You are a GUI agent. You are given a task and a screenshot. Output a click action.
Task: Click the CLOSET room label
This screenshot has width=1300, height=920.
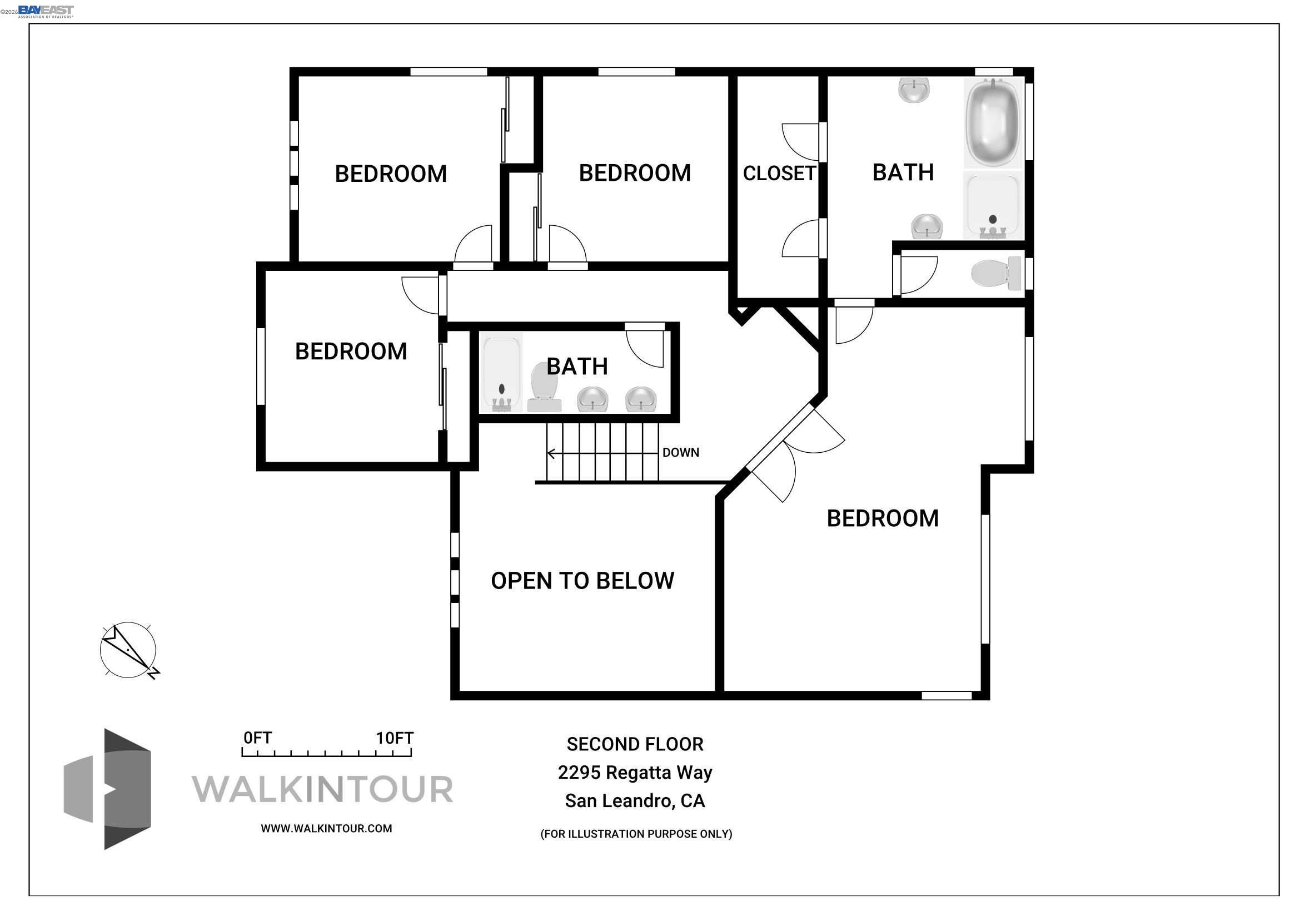[779, 174]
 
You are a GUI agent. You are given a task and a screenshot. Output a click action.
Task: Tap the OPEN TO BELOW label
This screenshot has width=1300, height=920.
[582, 581]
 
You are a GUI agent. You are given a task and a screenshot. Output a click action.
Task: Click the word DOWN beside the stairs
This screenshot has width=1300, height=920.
[681, 453]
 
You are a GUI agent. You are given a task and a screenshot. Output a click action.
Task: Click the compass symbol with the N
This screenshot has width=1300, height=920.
[128, 650]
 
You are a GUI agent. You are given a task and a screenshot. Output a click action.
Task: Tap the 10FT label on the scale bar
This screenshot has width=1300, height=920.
[395, 738]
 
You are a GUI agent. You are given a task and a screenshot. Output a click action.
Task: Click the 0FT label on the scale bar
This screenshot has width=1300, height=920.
[258, 738]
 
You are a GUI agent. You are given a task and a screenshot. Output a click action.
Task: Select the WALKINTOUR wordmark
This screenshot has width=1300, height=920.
[323, 789]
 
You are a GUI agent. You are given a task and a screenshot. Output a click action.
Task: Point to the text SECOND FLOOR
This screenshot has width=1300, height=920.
[635, 744]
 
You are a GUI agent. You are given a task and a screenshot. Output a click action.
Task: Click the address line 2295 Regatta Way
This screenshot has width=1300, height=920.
[635, 773]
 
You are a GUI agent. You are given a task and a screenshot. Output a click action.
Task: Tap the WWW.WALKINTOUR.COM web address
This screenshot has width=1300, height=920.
[326, 829]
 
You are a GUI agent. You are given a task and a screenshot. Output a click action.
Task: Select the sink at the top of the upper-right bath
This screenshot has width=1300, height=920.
[914, 90]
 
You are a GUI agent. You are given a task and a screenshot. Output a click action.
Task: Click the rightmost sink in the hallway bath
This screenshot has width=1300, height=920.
[640, 399]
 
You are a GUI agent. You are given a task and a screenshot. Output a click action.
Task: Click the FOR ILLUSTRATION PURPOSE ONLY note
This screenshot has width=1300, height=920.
[636, 834]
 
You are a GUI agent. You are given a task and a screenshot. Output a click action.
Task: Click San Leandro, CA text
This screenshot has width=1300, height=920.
[635, 801]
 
